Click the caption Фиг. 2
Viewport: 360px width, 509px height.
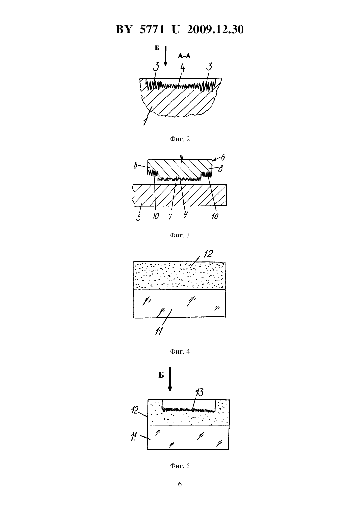coord(180,139)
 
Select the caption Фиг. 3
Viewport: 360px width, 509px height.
coord(180,235)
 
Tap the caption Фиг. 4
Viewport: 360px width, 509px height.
coord(180,351)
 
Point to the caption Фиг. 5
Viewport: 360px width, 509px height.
coord(180,466)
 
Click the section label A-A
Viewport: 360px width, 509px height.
coord(184,56)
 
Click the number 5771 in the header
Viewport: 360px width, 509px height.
coord(152,29)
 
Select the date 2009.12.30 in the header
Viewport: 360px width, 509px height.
coord(215,29)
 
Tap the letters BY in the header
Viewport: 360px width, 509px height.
coord(124,29)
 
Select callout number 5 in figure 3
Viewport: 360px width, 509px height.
coord(138,217)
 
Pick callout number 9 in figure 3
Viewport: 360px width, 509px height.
coord(185,214)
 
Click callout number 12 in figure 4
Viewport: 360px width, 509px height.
coord(208,254)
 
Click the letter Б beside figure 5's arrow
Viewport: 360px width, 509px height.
coord(161,375)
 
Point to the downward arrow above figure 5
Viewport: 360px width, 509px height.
coord(170,379)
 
